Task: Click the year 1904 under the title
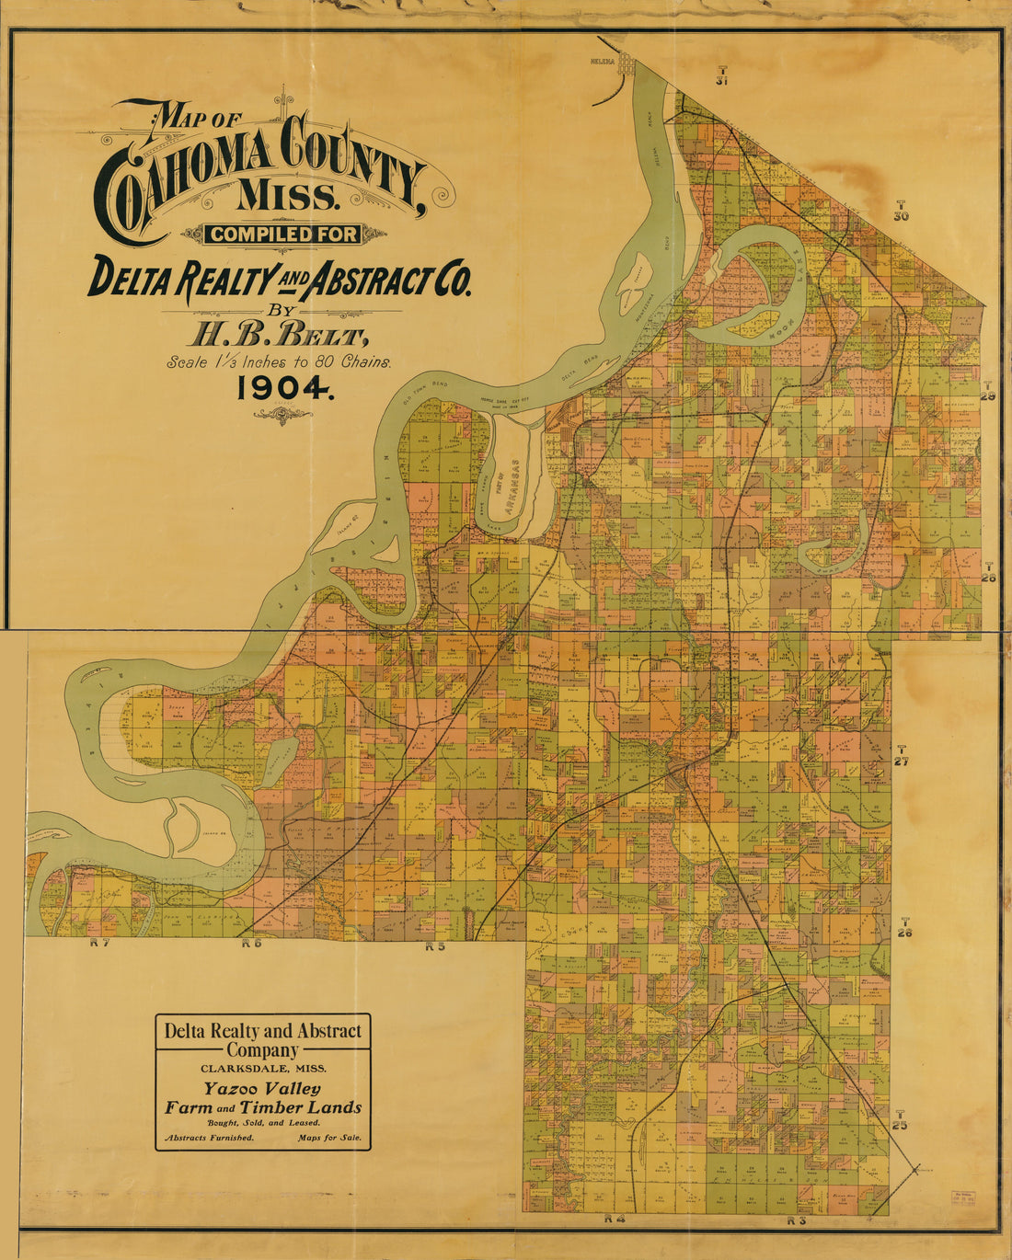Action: (x=283, y=388)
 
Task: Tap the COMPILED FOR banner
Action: (x=283, y=235)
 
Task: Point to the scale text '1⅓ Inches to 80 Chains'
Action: (x=280, y=361)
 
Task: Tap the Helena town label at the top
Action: (x=603, y=62)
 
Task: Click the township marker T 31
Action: (x=722, y=75)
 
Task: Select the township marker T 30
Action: (x=901, y=211)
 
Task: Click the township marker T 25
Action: (x=901, y=1119)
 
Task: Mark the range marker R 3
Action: (x=797, y=1220)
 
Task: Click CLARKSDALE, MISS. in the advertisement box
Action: (x=262, y=1069)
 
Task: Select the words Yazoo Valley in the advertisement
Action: (x=262, y=1089)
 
